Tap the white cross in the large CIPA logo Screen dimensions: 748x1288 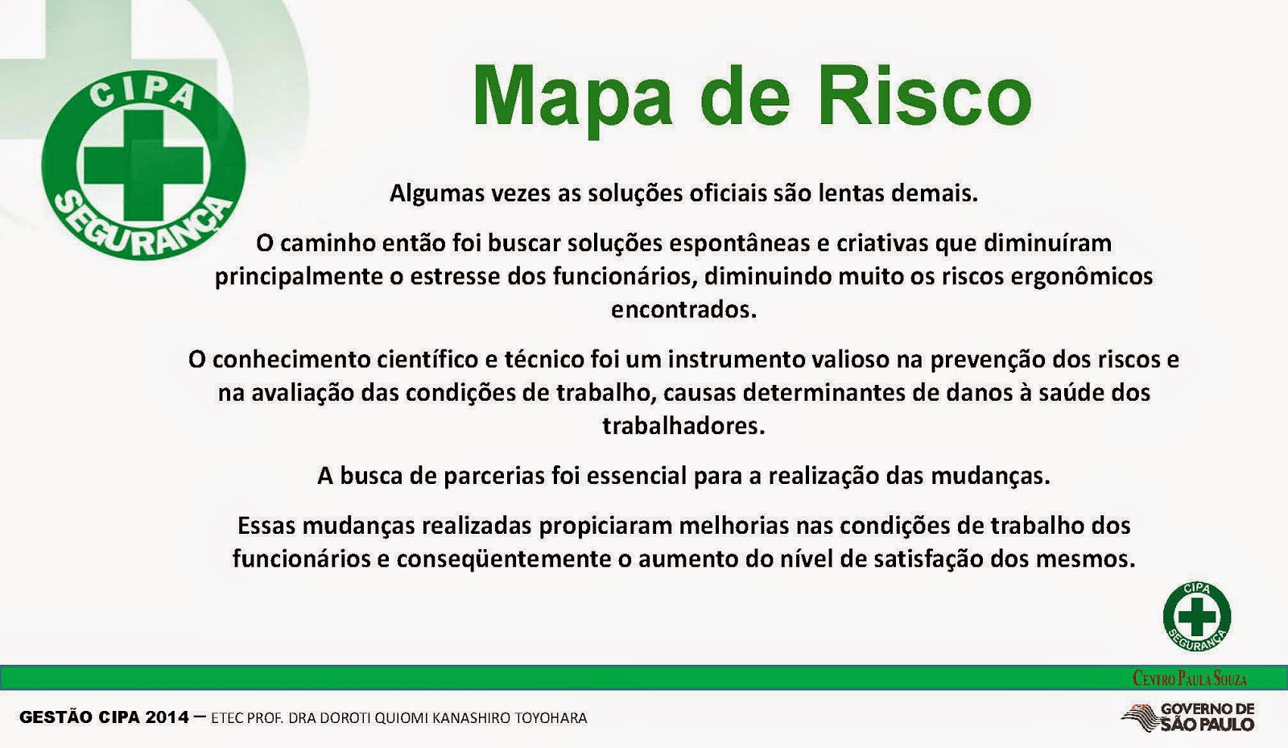[144, 164]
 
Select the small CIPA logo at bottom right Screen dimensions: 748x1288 [1196, 617]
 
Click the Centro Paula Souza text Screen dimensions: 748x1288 [1189, 679]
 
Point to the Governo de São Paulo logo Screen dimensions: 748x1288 [1188, 717]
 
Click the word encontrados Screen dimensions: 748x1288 [683, 310]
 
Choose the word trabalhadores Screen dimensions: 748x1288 [683, 426]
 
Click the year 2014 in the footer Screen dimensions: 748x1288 [167, 717]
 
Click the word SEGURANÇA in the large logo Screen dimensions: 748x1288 [144, 229]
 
